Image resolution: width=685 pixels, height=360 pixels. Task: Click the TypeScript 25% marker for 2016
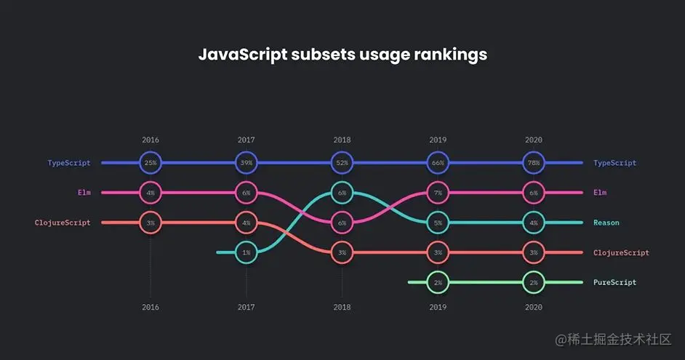tap(151, 163)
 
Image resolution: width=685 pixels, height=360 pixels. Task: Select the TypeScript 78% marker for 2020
tap(534, 163)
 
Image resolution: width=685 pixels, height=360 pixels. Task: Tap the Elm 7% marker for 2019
tap(438, 193)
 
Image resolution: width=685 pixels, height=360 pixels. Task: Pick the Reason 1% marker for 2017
tap(247, 252)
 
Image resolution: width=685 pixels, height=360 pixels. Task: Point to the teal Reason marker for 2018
tap(342, 193)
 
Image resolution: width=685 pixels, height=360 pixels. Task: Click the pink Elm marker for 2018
tap(342, 223)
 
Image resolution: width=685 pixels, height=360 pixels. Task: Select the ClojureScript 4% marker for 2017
tap(247, 223)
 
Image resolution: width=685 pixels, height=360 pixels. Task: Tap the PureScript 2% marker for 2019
tap(438, 282)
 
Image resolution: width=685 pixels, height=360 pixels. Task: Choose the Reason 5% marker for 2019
tap(438, 223)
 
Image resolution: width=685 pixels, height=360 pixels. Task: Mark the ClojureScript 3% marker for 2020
tap(534, 252)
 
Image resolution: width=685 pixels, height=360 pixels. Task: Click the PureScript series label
tap(614, 282)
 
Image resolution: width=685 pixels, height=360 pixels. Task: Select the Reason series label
tap(607, 223)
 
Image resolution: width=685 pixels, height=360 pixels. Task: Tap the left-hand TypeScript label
tap(69, 163)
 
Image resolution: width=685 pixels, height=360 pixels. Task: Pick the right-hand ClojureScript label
tap(621, 252)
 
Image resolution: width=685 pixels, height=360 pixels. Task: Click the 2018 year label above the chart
tap(342, 140)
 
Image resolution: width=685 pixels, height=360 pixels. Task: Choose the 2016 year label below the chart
tap(151, 308)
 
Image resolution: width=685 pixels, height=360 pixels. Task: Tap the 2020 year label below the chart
tap(534, 308)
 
